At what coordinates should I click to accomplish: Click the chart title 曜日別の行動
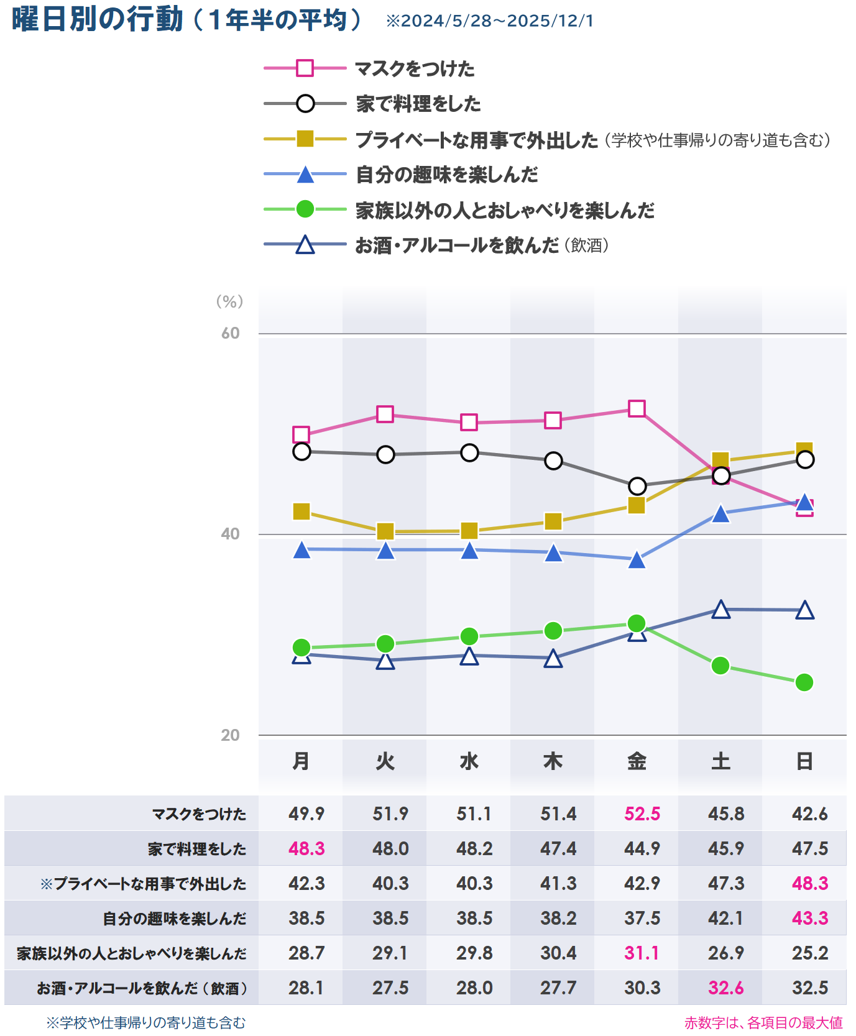98,19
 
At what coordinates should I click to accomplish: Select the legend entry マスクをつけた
414,68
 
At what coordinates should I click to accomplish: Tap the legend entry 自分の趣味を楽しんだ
446,175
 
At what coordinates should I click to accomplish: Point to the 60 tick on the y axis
230,334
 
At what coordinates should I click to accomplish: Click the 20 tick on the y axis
230,735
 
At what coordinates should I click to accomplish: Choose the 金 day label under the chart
637,761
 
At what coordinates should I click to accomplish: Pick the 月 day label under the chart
301,761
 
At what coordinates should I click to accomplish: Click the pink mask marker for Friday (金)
637,408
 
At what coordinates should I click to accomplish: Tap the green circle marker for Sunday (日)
804,682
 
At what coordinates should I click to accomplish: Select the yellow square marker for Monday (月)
301,511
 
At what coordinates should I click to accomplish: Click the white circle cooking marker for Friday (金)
637,486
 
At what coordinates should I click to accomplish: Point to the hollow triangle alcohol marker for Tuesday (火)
385,661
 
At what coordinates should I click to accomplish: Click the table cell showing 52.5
642,814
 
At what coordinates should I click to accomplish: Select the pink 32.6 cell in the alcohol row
725,988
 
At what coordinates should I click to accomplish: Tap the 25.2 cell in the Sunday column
810,953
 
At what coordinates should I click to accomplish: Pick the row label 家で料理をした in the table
196,849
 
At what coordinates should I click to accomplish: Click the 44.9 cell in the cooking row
642,849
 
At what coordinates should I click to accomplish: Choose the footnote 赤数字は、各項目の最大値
763,1023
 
